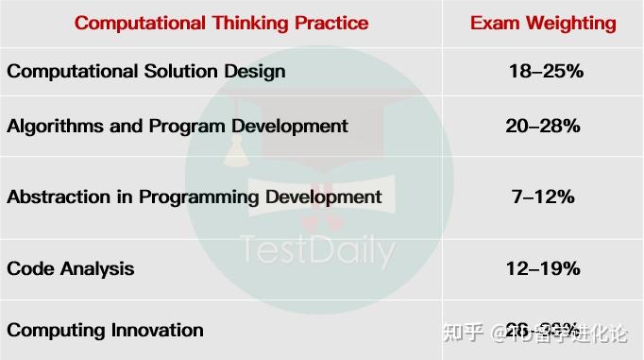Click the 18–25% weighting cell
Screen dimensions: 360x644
coord(542,71)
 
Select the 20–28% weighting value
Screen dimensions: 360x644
coord(542,126)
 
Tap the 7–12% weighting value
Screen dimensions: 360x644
coord(542,197)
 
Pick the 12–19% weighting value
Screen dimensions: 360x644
coord(542,268)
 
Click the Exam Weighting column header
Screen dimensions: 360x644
coord(542,24)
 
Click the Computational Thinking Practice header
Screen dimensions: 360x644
coord(221,24)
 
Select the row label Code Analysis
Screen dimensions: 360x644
coord(71,268)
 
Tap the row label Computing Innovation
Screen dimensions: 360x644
coord(105,330)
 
